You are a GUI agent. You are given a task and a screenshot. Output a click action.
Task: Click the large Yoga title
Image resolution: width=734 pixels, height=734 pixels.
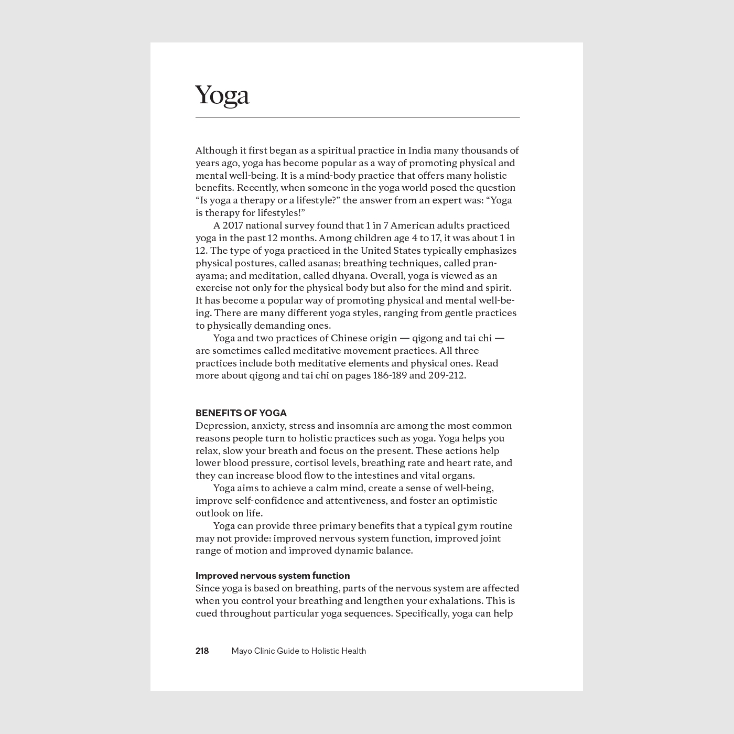coord(222,95)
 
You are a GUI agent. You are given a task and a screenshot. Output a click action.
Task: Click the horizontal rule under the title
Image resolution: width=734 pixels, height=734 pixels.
coord(358,117)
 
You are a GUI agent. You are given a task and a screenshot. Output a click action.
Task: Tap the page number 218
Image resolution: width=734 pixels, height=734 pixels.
coord(202,651)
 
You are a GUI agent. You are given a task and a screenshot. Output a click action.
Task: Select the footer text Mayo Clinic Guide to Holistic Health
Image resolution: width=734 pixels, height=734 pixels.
coord(299,651)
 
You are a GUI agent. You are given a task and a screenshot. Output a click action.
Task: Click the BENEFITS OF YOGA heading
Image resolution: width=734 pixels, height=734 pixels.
coord(241,413)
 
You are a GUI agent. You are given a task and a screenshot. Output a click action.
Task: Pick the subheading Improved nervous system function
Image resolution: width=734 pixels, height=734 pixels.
coord(273,576)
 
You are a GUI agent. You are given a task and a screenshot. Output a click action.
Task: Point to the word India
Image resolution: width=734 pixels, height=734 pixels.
coord(419,150)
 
